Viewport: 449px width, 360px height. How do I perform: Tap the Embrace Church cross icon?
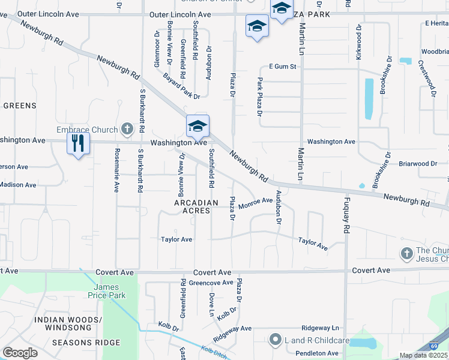coord(127,128)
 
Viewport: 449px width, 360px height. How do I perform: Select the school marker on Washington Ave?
coord(197,126)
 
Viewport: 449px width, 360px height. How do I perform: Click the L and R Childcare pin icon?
coord(276,340)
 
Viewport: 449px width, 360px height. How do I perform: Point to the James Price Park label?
coord(110,292)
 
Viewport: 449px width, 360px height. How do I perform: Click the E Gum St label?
coord(283,66)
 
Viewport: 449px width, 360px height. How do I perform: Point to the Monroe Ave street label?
coord(256,204)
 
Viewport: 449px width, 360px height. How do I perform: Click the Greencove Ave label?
coord(211,283)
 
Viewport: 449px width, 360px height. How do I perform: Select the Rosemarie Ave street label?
coord(117,170)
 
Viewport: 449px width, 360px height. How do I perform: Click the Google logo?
coord(20,353)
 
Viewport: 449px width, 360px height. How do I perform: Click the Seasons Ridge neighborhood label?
coord(86,343)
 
